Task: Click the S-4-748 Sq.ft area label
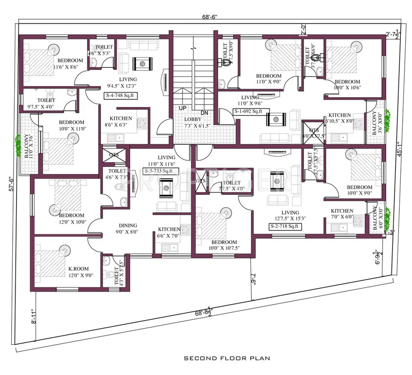click(x=120, y=96)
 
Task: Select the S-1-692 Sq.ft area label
click(x=248, y=111)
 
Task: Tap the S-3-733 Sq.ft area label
click(x=159, y=171)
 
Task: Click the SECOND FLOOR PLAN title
click(x=227, y=358)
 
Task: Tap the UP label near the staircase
click(x=182, y=107)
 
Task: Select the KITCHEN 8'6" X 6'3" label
click(x=121, y=122)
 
